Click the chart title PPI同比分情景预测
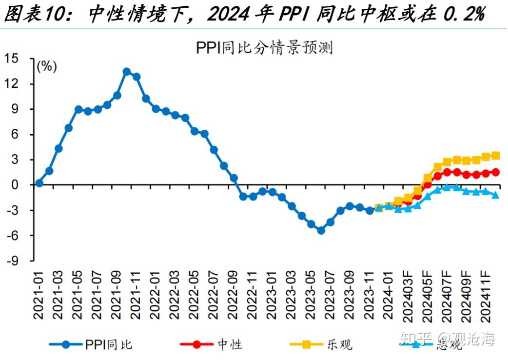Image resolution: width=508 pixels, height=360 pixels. pyautogui.click(x=264, y=48)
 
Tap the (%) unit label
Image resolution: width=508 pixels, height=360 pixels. pyautogui.click(x=47, y=67)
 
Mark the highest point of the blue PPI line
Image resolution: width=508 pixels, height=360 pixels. pyautogui.click(x=127, y=72)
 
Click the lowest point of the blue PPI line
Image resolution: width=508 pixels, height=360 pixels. pyautogui.click(x=321, y=230)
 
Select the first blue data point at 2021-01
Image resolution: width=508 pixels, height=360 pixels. pyautogui.click(x=39, y=183)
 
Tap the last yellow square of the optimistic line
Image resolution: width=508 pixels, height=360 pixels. pyautogui.click(x=495, y=156)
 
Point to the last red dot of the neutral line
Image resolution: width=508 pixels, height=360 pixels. pyautogui.click(x=495, y=172)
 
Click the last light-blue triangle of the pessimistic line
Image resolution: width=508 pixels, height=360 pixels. pyautogui.click(x=495, y=195)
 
